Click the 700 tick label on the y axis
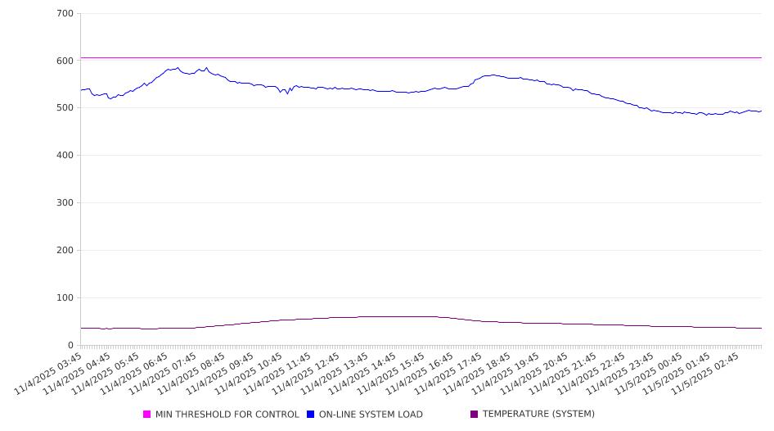point(65,13)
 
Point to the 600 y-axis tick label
point(65,61)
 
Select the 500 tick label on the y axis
point(65,108)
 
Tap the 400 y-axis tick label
point(65,156)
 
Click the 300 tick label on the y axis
point(65,203)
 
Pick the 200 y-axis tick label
point(65,251)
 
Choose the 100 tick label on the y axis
point(65,298)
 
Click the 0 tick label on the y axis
point(71,346)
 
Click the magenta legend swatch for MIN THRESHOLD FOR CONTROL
point(147,415)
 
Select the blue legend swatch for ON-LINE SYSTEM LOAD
point(311,415)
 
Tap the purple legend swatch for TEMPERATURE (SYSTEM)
point(475,415)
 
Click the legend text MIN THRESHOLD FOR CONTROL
point(227,415)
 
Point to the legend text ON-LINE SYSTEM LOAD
point(371,415)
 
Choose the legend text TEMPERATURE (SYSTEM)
point(538,415)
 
